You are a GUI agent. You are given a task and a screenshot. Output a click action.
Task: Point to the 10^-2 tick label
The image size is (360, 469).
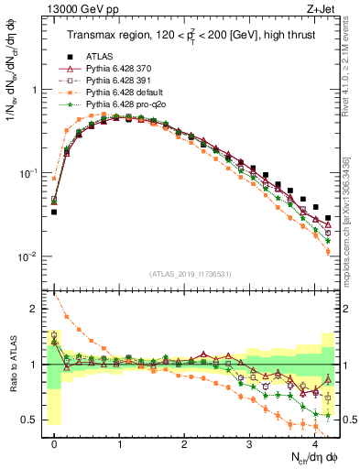pyautogui.click(x=27, y=256)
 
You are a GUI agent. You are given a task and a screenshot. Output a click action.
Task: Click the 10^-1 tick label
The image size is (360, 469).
pyautogui.click(x=27, y=173)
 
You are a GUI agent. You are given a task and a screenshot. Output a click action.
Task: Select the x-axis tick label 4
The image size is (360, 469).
pyautogui.click(x=314, y=442)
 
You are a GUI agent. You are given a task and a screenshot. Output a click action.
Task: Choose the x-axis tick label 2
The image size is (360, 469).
pyautogui.click(x=184, y=442)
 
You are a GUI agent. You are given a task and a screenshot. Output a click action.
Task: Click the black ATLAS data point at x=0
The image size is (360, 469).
pyautogui.click(x=54, y=212)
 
